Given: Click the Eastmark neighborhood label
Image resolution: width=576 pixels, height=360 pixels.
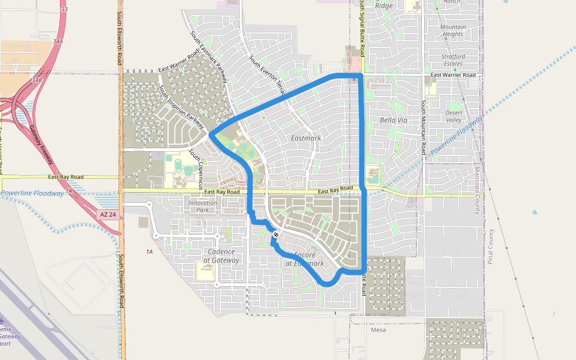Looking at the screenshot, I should click(305, 138).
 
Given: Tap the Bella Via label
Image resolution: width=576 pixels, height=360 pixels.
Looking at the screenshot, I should click(394, 120).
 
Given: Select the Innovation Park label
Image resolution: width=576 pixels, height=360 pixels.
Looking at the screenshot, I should click(202, 206).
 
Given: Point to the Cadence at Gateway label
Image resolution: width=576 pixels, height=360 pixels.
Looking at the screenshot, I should click(221, 256).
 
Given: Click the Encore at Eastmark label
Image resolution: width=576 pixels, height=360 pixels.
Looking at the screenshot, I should click(304, 259).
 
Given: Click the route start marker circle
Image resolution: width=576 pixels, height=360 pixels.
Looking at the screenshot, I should click(275, 235).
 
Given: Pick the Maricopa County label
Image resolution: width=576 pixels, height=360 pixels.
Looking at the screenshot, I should click(478, 180).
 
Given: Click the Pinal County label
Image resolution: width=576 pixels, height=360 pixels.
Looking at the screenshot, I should click(490, 246).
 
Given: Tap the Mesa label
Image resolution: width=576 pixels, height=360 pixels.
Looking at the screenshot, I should click(379, 330).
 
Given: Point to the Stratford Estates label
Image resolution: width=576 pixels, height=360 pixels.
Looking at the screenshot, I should click(453, 60).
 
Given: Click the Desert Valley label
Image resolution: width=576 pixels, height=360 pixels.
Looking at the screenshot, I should click(454, 116).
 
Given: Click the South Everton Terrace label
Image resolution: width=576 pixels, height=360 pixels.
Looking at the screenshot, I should click(268, 75).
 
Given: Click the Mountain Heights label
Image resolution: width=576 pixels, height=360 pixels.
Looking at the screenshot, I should click(452, 31).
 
